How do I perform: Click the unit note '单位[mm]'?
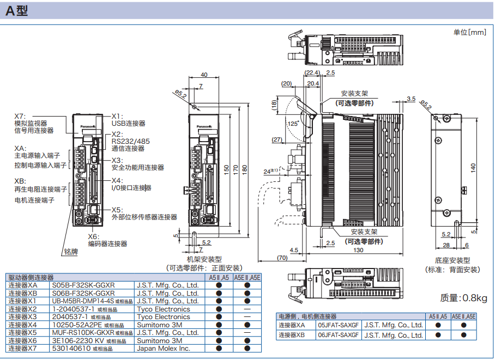(x=469, y=33)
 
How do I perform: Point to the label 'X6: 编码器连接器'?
(x=107, y=240)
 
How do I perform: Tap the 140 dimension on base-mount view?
(x=473, y=167)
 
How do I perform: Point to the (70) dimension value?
(x=282, y=258)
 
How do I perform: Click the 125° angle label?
(x=293, y=124)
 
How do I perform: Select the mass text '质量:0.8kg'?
(x=463, y=297)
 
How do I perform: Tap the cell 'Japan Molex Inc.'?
(x=163, y=348)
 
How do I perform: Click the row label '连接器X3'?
(x=23, y=316)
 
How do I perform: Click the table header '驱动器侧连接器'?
(x=31, y=278)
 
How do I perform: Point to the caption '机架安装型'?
(x=204, y=260)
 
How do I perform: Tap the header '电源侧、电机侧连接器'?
(x=307, y=316)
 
